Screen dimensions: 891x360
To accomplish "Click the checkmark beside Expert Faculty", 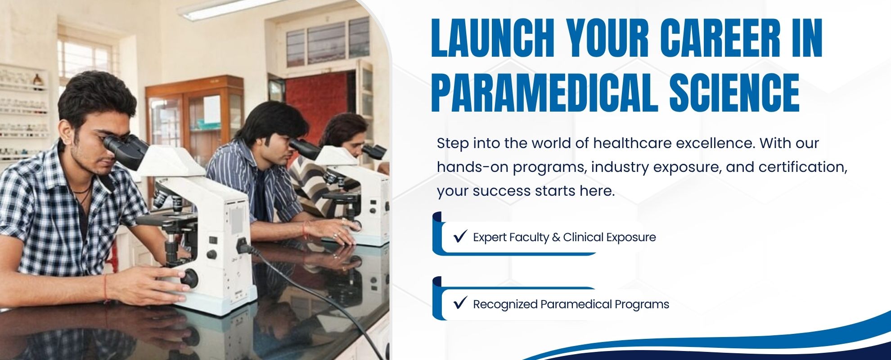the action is click(460, 236).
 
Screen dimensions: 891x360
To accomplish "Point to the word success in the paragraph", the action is click(502, 191).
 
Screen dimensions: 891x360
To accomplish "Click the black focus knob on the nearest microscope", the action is click(189, 278).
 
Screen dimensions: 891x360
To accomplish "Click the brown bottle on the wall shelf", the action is click(38, 81).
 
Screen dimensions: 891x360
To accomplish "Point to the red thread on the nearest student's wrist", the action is click(106, 288).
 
